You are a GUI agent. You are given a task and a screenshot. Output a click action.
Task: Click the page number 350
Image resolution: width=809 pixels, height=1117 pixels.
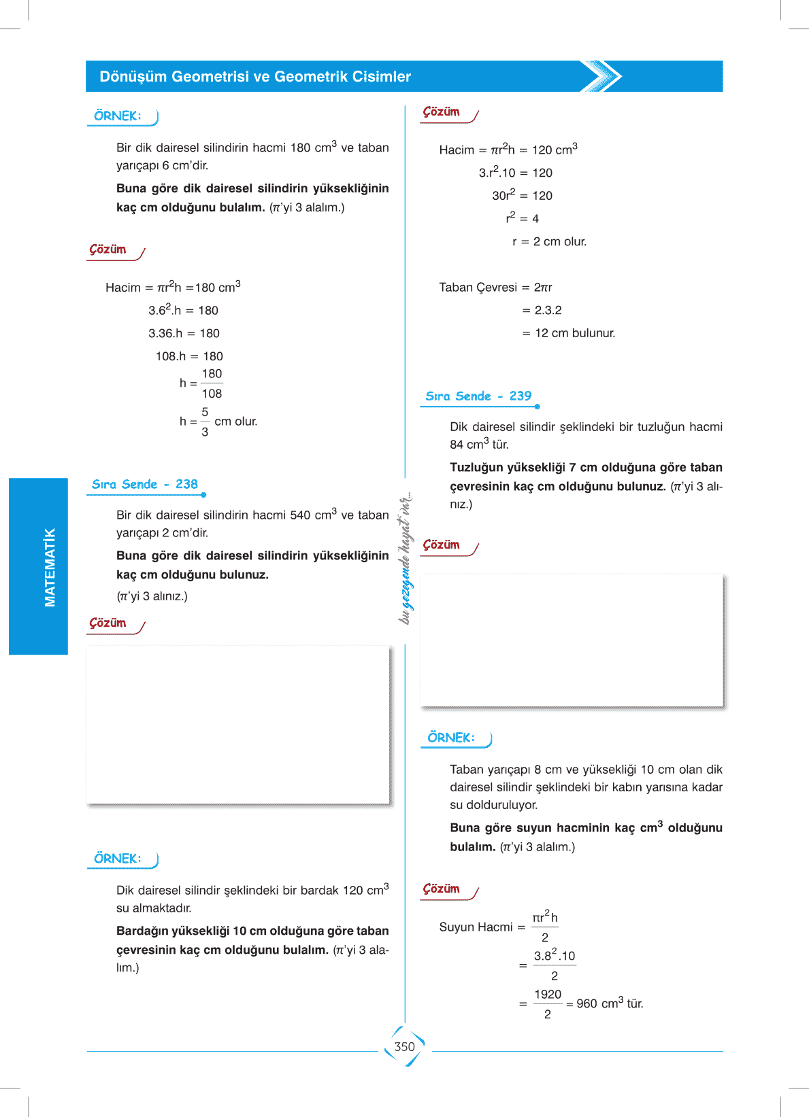click(404, 1047)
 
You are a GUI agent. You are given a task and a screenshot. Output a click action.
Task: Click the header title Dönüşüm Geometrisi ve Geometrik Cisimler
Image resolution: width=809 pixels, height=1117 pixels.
click(255, 77)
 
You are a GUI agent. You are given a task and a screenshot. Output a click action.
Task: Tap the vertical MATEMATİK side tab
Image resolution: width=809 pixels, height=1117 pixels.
click(49, 566)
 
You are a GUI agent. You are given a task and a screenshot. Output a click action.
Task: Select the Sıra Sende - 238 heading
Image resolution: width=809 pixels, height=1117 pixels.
click(145, 485)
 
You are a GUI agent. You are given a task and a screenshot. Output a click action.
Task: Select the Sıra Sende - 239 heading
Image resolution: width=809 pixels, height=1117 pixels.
click(478, 396)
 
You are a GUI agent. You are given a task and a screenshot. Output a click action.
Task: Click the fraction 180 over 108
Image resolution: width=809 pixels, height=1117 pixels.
click(212, 383)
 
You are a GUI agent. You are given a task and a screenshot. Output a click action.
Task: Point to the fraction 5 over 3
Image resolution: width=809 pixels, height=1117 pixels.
click(205, 422)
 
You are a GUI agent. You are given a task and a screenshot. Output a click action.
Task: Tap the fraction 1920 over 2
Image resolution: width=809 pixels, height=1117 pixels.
click(548, 1003)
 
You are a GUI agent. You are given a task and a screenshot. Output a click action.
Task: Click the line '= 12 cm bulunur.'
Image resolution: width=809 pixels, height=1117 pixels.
click(569, 333)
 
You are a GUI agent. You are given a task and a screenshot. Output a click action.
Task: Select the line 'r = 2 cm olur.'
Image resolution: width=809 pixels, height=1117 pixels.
click(549, 241)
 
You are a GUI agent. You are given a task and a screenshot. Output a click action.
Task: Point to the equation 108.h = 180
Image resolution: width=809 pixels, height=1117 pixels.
click(189, 356)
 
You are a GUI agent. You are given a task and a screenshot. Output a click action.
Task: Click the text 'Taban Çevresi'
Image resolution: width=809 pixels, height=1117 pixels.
click(478, 288)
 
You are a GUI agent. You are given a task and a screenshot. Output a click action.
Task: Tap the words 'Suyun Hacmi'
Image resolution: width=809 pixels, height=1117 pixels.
click(476, 927)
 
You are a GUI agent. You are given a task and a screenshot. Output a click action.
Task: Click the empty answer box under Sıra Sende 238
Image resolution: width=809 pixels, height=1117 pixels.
click(237, 724)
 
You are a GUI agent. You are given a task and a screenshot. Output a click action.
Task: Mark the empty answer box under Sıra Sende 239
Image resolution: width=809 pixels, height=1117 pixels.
click(572, 640)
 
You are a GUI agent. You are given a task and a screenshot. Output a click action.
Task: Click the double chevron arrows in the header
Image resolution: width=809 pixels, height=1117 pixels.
click(603, 76)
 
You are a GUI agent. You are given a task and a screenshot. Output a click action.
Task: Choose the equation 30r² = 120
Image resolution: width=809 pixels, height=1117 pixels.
click(522, 195)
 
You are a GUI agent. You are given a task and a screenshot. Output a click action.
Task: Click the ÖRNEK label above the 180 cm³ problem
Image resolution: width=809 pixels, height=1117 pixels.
click(118, 116)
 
